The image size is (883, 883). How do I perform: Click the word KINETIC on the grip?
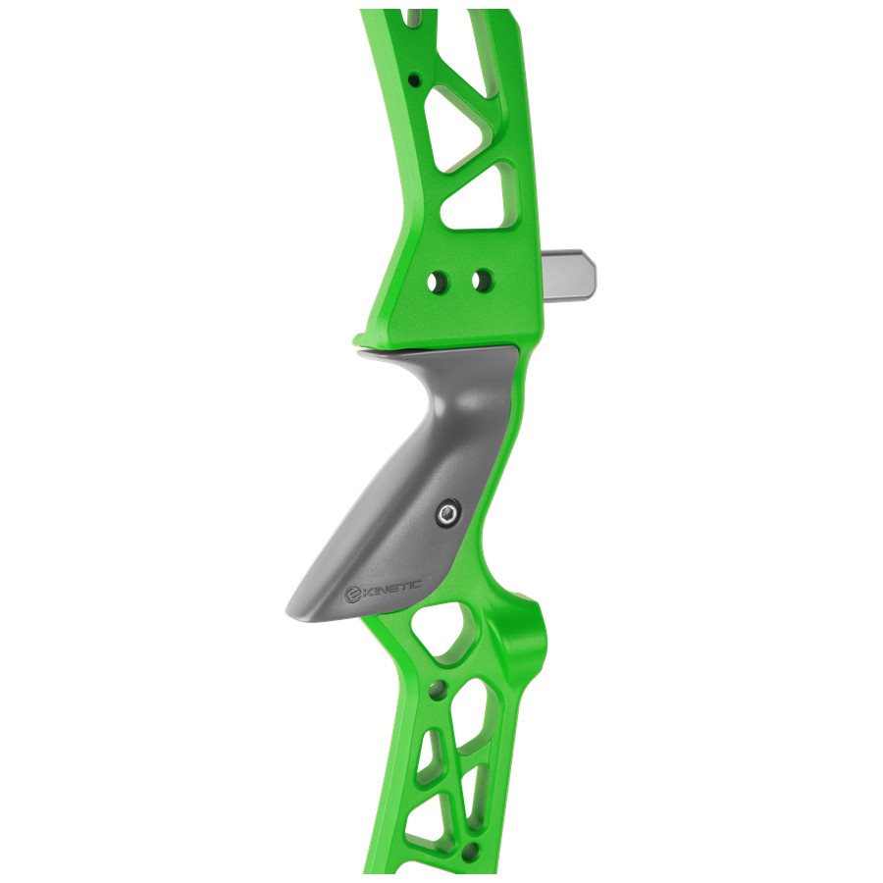point(392,589)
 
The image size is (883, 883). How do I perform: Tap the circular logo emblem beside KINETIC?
point(353,596)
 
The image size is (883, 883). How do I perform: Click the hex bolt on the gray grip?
point(448,513)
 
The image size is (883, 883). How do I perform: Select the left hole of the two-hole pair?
point(436,281)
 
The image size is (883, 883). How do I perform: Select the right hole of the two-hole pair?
point(482,280)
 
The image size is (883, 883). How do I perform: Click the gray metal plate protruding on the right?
point(569,275)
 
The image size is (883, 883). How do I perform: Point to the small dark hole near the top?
point(415,79)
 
